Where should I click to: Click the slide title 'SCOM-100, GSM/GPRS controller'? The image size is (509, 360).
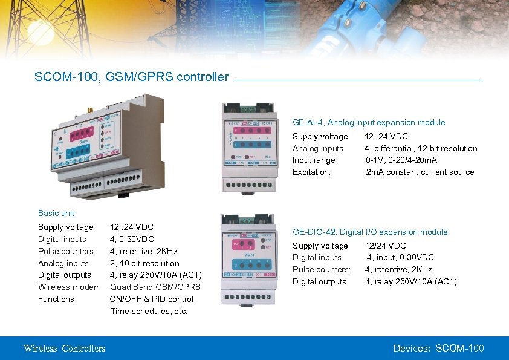132,77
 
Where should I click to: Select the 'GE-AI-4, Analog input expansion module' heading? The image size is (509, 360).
369,122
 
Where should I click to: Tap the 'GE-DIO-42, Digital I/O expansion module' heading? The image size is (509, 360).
370,232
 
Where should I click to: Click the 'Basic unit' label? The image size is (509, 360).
56,213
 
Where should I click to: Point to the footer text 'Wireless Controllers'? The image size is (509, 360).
64,348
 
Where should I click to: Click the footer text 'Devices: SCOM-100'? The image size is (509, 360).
438,348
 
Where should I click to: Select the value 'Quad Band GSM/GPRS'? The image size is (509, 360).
155,287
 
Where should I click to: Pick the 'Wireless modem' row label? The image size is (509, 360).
69,287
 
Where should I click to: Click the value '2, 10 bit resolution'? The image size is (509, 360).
144,263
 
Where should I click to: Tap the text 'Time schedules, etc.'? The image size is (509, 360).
149,311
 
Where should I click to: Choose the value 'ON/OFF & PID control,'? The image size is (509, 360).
152,299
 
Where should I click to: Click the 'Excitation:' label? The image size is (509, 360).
311,172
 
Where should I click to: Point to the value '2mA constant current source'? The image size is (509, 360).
420,172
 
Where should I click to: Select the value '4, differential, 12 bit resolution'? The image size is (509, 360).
420,148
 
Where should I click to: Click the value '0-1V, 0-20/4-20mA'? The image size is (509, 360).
401,160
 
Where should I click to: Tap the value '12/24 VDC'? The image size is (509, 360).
385,246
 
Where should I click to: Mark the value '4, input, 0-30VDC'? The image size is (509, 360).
400,257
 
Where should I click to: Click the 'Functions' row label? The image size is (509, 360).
56,299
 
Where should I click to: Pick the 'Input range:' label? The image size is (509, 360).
314,160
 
